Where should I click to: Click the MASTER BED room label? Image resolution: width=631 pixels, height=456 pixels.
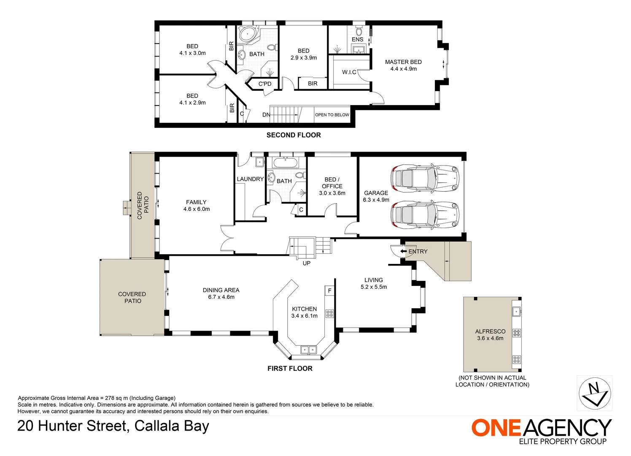403,62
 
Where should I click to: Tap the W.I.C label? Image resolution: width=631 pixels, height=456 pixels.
349,72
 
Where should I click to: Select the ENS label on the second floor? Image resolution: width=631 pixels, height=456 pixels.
357,39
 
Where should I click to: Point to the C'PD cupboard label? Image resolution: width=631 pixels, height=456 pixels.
265,84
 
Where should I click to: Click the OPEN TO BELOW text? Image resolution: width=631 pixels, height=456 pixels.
332,115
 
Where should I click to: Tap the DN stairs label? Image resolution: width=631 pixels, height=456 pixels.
266,115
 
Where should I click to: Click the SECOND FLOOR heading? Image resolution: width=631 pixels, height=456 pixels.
294,135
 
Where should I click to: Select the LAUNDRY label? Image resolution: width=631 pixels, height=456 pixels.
250,179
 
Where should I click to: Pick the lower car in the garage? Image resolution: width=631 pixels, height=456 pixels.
425,214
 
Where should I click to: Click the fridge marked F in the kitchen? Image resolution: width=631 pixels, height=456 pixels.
329,290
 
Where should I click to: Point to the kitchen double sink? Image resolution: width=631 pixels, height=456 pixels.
308,350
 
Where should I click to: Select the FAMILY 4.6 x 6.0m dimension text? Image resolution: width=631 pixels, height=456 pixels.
197,209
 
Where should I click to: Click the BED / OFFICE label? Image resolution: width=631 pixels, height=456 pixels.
332,183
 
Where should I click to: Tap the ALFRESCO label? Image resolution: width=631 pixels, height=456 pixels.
490,331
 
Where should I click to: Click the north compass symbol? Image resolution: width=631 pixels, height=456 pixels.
594,393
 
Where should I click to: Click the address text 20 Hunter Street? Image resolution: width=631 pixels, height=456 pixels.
72,426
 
